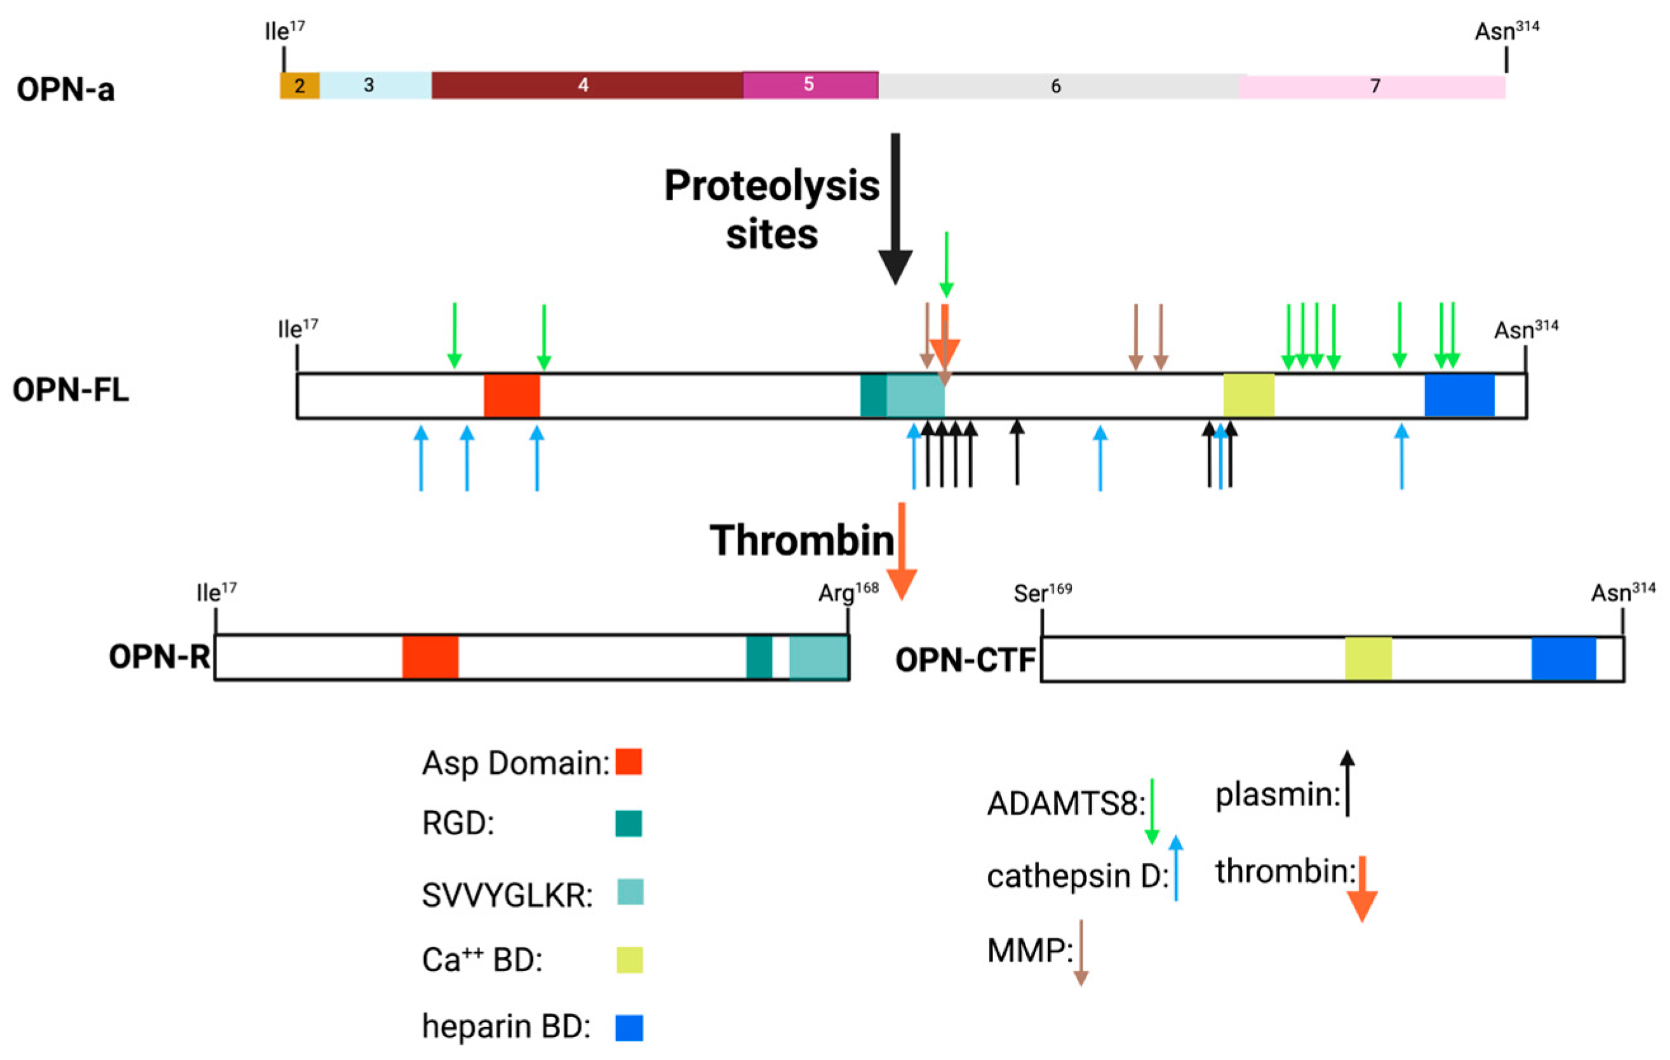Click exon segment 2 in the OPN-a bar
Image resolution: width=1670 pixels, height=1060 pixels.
[300, 85]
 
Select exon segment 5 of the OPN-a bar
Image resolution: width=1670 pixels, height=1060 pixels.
[810, 84]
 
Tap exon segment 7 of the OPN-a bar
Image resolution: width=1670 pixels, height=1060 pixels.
[1373, 86]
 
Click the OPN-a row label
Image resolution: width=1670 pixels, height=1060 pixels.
[66, 89]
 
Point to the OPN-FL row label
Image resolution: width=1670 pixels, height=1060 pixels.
[70, 390]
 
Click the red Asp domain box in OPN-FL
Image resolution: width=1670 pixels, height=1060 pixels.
[512, 395]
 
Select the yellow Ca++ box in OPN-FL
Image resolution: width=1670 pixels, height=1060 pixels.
[1248, 395]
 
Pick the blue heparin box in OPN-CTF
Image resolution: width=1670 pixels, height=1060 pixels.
[1564, 659]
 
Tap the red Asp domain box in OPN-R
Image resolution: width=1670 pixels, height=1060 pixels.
[430, 656]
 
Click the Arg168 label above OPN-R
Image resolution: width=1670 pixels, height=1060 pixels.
[848, 593]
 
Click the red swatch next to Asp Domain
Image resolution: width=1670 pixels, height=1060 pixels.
[629, 762]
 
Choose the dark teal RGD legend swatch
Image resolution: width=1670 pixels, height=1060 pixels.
[629, 824]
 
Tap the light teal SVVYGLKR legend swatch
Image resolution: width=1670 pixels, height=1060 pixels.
[631, 892]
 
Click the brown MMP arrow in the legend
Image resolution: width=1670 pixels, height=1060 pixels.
[1081, 953]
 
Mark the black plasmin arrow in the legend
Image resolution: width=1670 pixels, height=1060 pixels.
[1347, 783]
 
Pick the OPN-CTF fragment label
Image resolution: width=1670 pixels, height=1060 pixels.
[965, 660]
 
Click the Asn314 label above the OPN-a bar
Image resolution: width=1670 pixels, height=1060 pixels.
[1506, 31]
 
